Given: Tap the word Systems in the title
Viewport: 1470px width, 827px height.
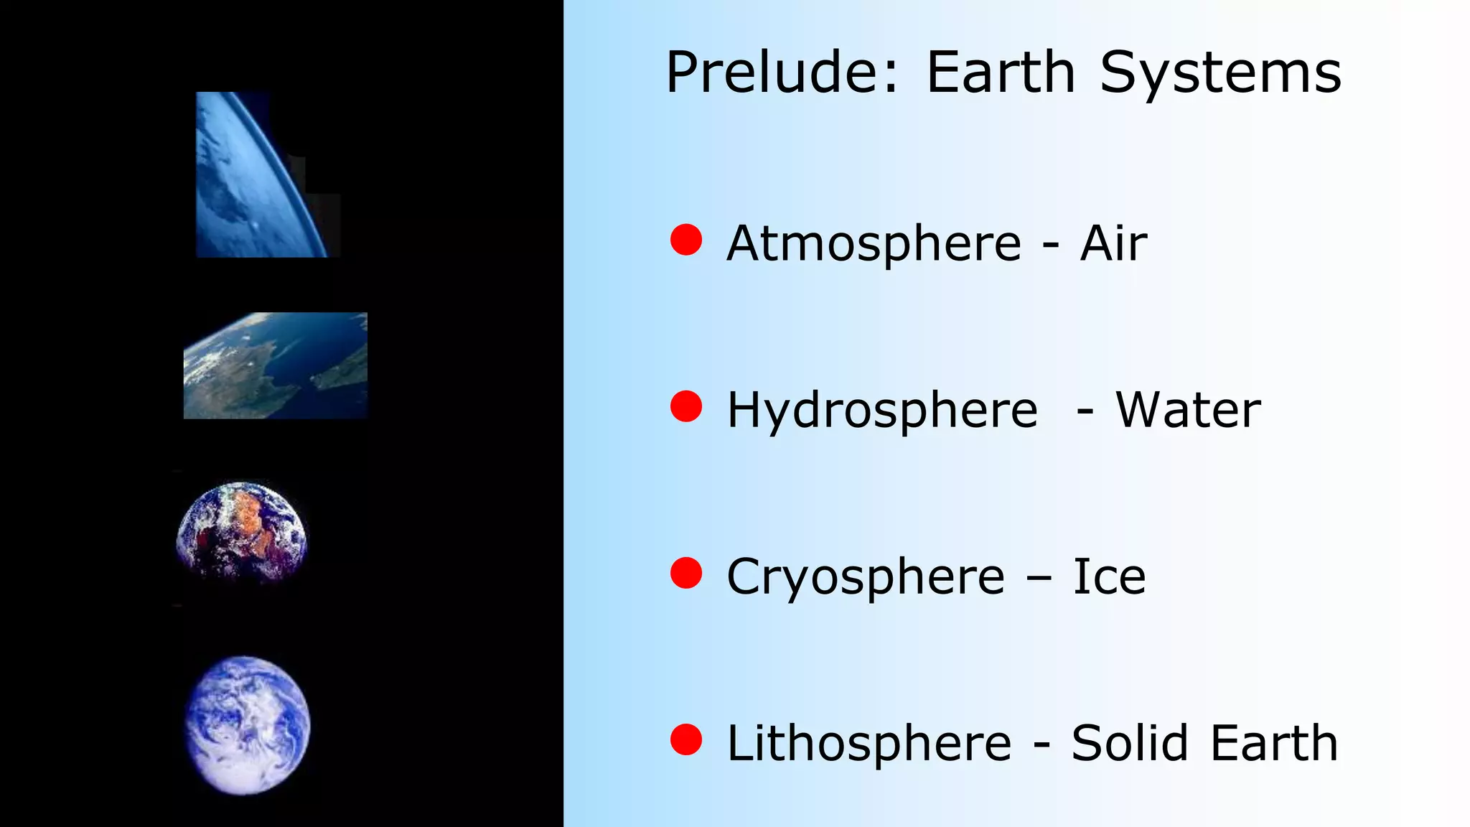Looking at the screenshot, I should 1220,74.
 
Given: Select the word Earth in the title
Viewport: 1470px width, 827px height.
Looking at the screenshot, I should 1001,73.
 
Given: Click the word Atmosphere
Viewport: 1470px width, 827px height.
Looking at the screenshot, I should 874,243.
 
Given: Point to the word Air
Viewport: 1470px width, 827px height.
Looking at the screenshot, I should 1113,243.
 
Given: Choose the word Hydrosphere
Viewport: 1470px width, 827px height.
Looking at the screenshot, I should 882,411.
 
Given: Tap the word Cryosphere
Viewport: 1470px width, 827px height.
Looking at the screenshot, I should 866,577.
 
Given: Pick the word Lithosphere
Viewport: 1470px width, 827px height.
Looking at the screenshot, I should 869,743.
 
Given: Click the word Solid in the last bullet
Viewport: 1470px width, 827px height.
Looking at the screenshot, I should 1130,743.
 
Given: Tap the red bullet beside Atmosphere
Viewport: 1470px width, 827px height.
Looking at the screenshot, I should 686,240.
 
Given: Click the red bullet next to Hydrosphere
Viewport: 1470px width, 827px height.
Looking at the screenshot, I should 686,406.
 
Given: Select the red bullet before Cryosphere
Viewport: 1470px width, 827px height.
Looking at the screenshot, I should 686,573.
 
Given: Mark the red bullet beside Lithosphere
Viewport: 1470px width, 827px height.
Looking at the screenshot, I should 686,739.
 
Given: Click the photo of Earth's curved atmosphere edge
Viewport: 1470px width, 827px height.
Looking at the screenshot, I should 262,174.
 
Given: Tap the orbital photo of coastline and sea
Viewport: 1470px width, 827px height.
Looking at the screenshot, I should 276,365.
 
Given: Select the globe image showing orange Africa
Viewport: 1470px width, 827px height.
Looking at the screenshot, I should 242,532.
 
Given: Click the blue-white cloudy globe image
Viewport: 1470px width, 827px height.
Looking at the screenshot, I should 248,725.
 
